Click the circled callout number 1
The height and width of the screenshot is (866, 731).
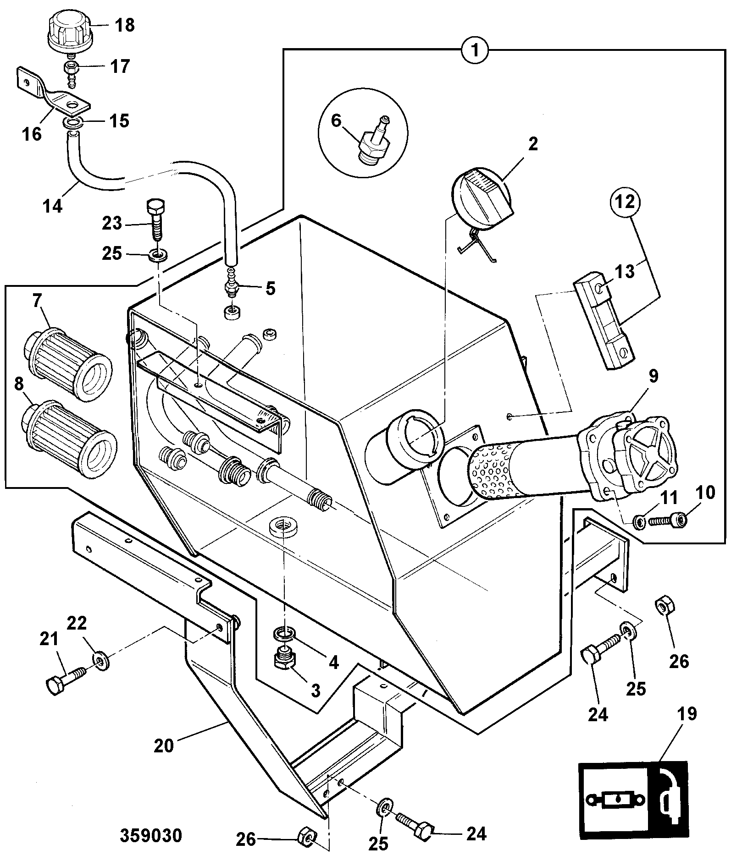(x=476, y=49)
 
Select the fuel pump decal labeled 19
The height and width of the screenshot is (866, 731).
(x=633, y=801)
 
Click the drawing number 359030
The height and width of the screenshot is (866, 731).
(x=151, y=835)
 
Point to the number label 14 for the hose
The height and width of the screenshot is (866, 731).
(x=53, y=206)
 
